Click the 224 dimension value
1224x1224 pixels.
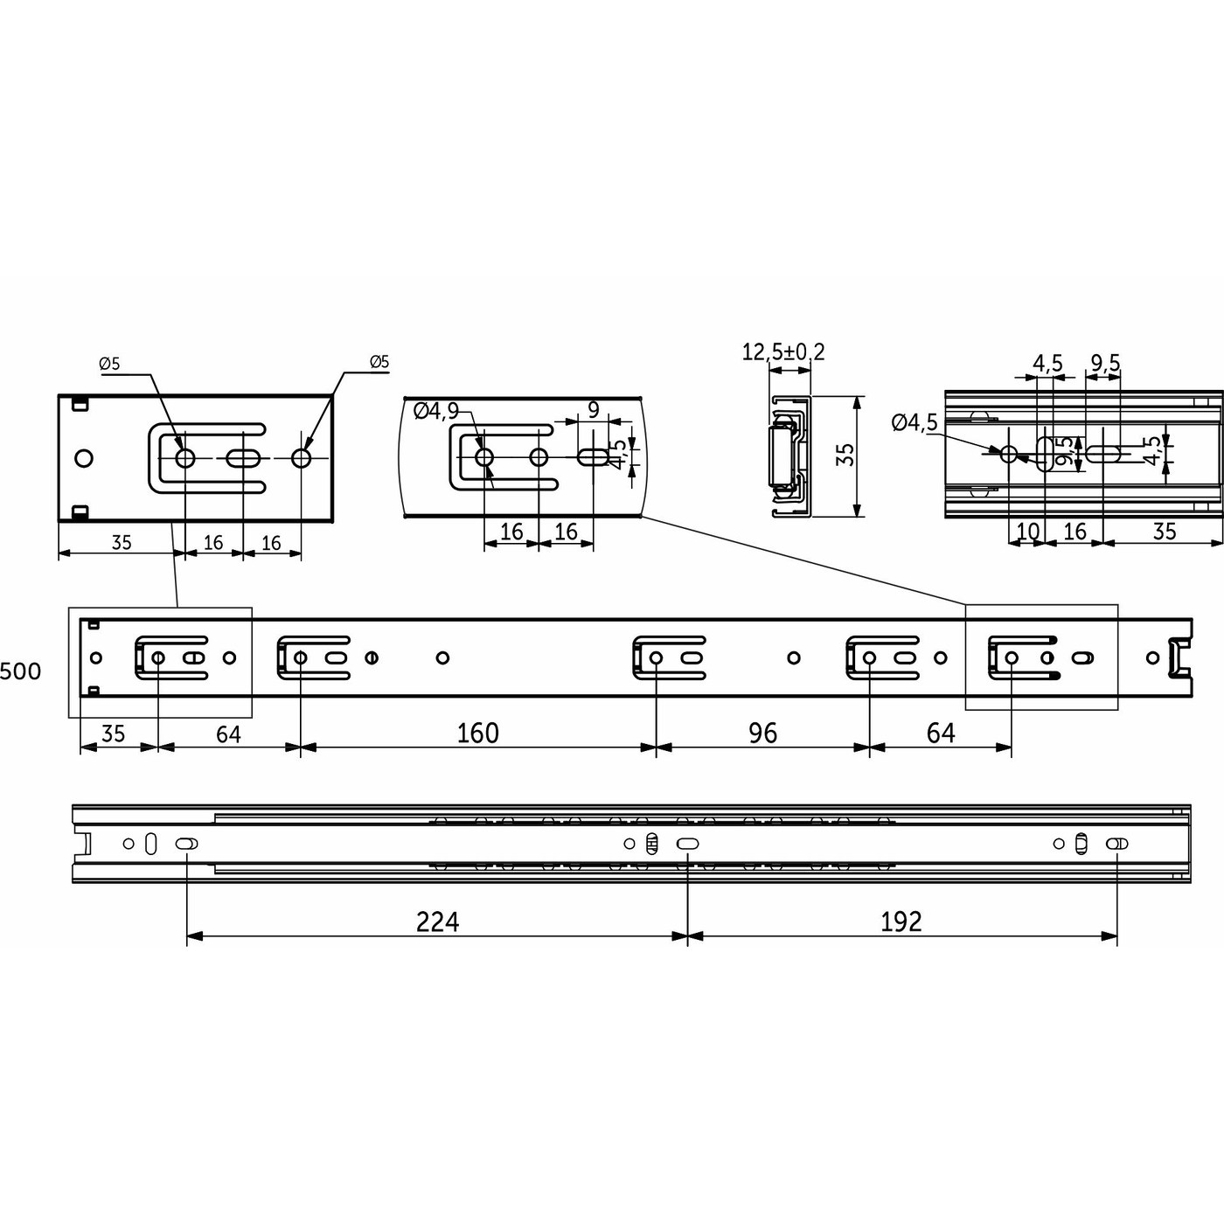tap(437, 921)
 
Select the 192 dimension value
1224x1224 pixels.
tap(901, 921)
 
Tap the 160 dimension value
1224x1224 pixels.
tap(477, 733)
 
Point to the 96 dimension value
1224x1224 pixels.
tap(762, 733)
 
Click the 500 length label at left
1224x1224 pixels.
tap(20, 671)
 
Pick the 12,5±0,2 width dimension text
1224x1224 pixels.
tap(782, 352)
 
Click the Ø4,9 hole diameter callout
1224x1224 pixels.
tap(435, 411)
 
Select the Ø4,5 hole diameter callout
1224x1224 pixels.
tap(914, 423)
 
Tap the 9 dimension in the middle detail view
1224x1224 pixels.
tap(594, 409)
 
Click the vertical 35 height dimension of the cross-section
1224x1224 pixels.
tap(845, 455)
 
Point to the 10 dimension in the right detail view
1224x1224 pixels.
tap(1028, 532)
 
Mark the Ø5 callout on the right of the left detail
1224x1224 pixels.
tap(379, 362)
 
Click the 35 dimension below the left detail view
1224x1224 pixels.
tap(122, 543)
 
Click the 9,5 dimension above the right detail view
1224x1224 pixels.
tap(1105, 363)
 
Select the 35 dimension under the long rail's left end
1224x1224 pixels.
tap(113, 734)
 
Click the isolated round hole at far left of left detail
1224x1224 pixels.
tap(84, 458)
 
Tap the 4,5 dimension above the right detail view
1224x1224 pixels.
tap(1047, 363)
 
